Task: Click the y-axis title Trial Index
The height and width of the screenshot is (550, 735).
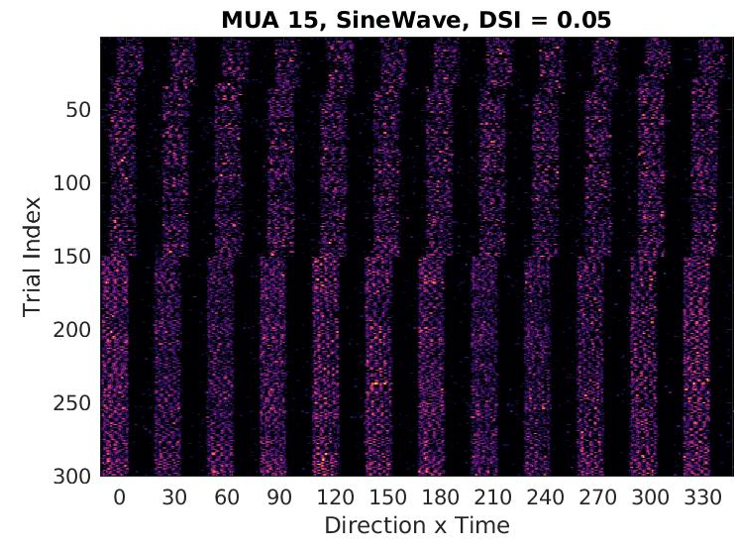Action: coord(34,258)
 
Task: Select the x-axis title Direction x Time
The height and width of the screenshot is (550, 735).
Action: coord(417,525)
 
